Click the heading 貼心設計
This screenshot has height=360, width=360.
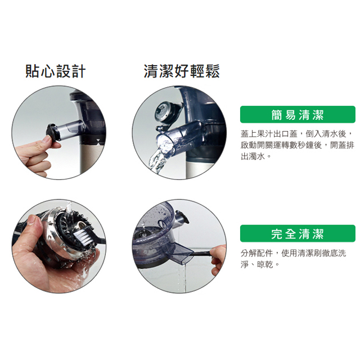pyautogui.click(x=56, y=71)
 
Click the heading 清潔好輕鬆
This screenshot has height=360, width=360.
pyautogui.click(x=182, y=71)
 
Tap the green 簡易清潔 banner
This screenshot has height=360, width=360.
pyautogui.click(x=298, y=115)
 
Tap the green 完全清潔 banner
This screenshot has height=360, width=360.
pyautogui.click(x=298, y=233)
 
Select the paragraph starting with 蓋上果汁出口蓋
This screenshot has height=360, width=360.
pyautogui.click(x=297, y=145)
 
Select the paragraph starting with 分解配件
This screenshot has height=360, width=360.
pyautogui.click(x=297, y=258)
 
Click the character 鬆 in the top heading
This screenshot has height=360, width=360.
pyautogui.click(x=212, y=71)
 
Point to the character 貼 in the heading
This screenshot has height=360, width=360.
pyautogui.click(x=33, y=71)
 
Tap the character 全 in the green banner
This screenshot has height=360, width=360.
pyautogui.click(x=290, y=233)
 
